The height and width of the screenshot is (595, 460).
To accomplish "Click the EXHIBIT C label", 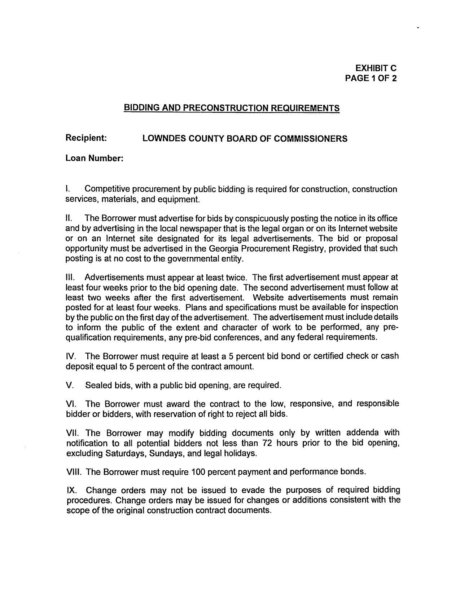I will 376,68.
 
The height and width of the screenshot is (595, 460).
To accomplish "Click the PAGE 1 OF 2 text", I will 371,78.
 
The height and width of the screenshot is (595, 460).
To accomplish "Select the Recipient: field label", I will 86,138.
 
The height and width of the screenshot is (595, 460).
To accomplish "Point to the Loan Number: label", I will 95,158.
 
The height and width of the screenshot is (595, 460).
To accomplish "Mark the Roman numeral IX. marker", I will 71,490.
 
